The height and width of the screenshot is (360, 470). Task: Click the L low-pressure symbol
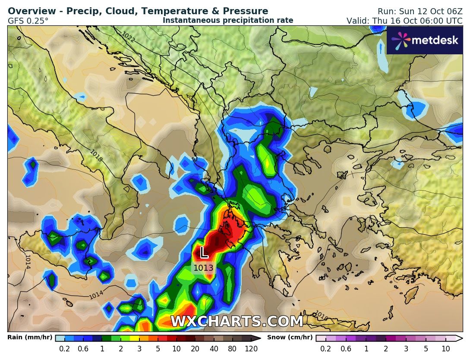tap(204, 253)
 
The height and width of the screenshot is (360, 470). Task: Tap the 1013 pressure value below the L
tap(203, 268)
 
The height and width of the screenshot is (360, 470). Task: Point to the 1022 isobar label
tap(128, 38)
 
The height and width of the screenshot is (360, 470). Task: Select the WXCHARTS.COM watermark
tap(237, 322)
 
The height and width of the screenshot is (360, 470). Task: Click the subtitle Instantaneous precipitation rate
tap(228, 20)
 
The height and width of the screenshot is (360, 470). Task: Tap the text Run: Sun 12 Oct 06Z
tap(420, 12)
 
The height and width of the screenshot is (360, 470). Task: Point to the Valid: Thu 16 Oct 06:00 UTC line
tap(404, 21)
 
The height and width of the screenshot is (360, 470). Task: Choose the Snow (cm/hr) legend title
tap(290, 338)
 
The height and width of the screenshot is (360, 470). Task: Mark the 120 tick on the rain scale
tap(251, 349)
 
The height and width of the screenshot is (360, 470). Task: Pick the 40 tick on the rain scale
tap(214, 349)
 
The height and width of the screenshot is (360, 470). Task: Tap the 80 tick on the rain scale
tap(232, 349)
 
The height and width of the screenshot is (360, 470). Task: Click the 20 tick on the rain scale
tap(195, 349)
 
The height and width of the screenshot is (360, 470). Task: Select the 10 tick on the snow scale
tap(446, 349)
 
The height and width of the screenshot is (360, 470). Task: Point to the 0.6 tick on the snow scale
tap(346, 349)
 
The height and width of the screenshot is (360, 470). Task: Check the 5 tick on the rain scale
tap(158, 349)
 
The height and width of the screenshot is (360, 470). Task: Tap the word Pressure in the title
tap(246, 11)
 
